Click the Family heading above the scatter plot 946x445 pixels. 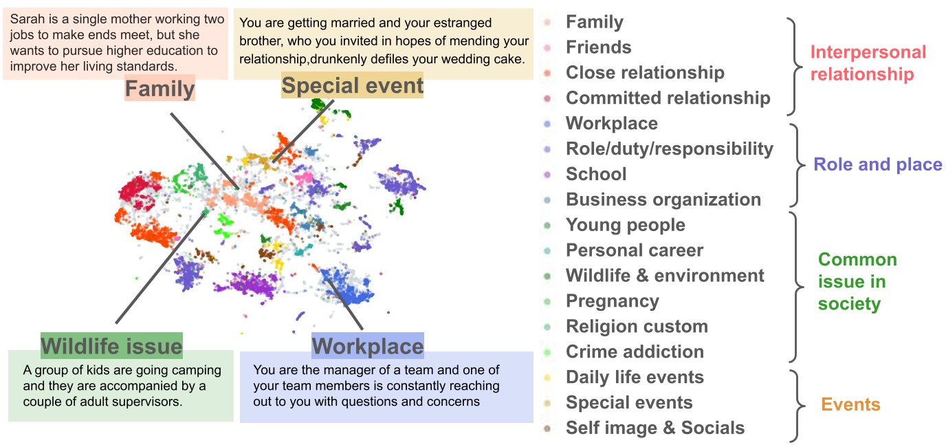159,89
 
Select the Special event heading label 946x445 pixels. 352,86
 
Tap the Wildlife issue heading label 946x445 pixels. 111,345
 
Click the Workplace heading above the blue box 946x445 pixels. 368,345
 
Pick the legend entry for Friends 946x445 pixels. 598,47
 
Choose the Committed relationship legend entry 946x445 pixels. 668,98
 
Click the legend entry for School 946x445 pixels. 595,174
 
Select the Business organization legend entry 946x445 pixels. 663,199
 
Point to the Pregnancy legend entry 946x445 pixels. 612,301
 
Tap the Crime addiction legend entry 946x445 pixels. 635,352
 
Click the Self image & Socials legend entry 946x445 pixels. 654,428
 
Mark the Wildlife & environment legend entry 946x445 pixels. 664,276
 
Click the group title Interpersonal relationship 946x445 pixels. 868,63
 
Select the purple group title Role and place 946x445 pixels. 877,164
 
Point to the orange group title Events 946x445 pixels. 850,404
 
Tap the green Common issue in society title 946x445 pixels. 857,281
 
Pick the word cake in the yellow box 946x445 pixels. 508,57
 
